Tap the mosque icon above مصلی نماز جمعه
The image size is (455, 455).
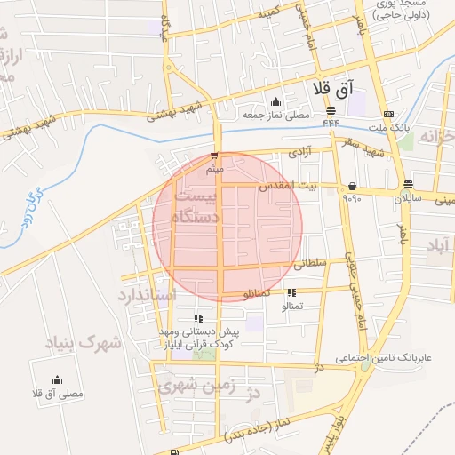click(275, 101)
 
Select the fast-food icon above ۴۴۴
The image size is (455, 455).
click(331, 110)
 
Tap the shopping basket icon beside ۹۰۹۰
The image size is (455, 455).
click(354, 187)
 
